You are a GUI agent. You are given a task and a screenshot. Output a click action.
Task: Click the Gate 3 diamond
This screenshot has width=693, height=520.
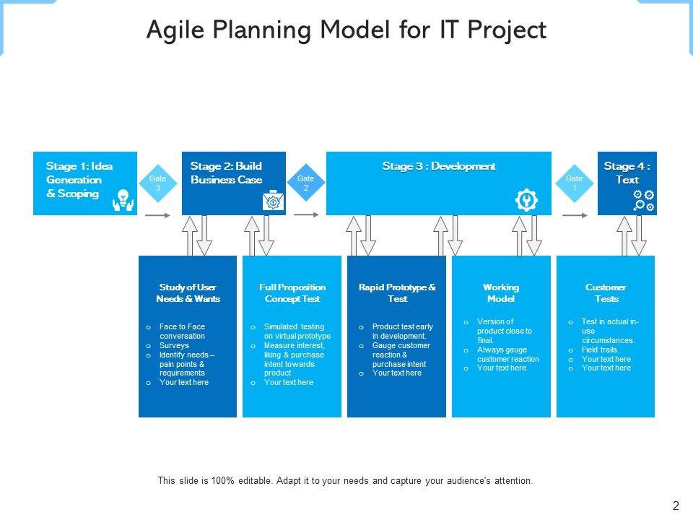coord(157,183)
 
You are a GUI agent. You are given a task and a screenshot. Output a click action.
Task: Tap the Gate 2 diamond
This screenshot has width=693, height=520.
coord(306,183)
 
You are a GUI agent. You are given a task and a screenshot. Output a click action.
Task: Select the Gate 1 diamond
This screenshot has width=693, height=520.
coord(574,183)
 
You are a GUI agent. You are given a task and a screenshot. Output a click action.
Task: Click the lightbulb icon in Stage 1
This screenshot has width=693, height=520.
coord(123,200)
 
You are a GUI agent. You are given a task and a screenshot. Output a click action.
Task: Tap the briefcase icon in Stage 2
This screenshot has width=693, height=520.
coord(273,201)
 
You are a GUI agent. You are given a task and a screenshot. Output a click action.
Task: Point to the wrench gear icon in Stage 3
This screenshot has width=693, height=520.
coord(527,200)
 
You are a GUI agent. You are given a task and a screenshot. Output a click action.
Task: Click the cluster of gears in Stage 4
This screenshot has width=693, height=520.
coord(643,200)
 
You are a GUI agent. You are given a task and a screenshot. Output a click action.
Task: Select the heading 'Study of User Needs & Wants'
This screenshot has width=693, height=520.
coord(188,293)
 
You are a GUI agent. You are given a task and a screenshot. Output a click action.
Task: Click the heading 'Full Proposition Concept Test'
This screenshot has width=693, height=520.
coord(292,293)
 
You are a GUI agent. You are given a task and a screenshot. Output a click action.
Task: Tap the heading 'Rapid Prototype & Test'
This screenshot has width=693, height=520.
coord(397,293)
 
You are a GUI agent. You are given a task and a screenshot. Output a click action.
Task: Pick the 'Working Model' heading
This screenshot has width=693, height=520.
coord(501,293)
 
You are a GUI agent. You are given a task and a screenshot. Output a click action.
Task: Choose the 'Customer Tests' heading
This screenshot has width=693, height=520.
coord(606,293)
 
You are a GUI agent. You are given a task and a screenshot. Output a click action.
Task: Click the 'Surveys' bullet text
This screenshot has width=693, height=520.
coord(174,345)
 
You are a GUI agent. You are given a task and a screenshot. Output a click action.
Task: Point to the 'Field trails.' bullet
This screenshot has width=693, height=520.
coord(601,350)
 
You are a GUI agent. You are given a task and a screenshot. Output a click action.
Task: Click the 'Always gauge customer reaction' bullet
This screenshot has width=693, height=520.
coord(507,354)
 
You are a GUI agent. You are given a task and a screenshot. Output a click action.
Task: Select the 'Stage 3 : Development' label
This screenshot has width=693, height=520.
coord(439,167)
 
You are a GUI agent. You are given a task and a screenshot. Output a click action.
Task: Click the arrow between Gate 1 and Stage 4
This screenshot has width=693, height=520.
coord(575,214)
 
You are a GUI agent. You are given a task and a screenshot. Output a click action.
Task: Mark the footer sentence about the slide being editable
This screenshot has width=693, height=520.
coord(345,480)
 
